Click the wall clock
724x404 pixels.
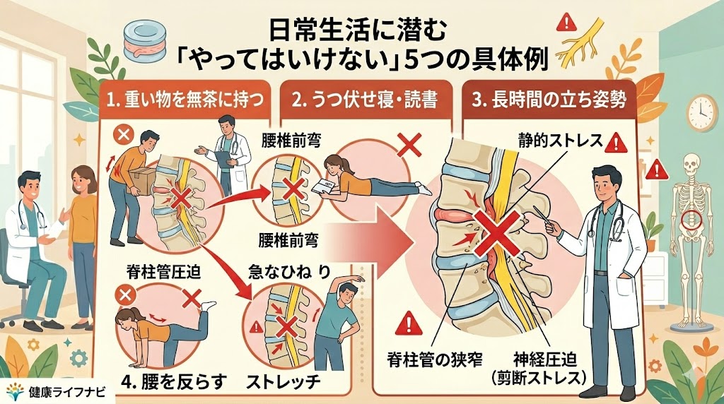point(702,113)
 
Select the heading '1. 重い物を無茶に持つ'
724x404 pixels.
point(185,100)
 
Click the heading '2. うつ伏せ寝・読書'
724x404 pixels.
point(364,100)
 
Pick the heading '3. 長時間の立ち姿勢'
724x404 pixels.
point(549,100)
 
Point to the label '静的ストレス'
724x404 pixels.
point(560,141)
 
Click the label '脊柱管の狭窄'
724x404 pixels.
point(435,359)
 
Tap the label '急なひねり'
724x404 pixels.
point(289,272)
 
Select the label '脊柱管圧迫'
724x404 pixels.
point(163,273)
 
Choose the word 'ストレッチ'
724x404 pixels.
point(283,382)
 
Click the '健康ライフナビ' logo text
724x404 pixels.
point(66,392)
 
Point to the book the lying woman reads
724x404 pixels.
point(322,187)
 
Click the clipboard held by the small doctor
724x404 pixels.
point(223,160)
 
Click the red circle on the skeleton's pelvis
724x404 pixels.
point(691,220)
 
